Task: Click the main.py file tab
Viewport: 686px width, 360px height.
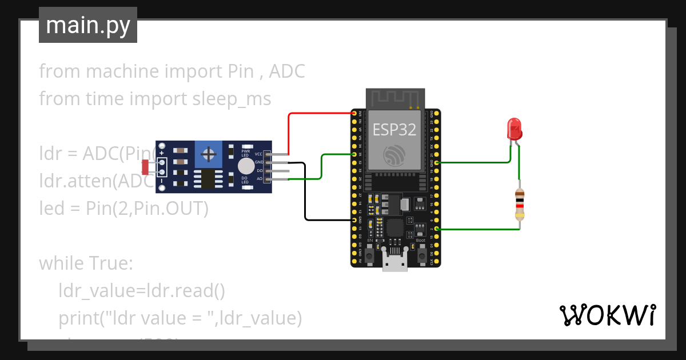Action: pyautogui.click(x=87, y=25)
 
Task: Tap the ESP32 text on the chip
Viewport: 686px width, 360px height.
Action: pyautogui.click(x=394, y=129)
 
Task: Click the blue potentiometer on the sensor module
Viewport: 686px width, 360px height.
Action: pyautogui.click(x=209, y=153)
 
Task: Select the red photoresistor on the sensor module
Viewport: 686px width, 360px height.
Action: pyautogui.click(x=145, y=167)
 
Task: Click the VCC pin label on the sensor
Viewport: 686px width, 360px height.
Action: pyautogui.click(x=258, y=154)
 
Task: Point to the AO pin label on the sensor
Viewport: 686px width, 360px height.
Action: pyautogui.click(x=259, y=179)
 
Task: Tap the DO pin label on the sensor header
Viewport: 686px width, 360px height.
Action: pyautogui.click(x=259, y=171)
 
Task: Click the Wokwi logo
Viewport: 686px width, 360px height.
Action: pyautogui.click(x=607, y=315)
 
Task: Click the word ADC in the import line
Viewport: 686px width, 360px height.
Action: pyautogui.click(x=287, y=71)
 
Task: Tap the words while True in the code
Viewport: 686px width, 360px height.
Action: pyautogui.click(x=86, y=263)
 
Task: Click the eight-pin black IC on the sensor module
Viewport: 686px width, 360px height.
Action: pyautogui.click(x=208, y=178)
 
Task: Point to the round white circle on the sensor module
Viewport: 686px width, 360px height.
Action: pyautogui.click(x=246, y=166)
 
